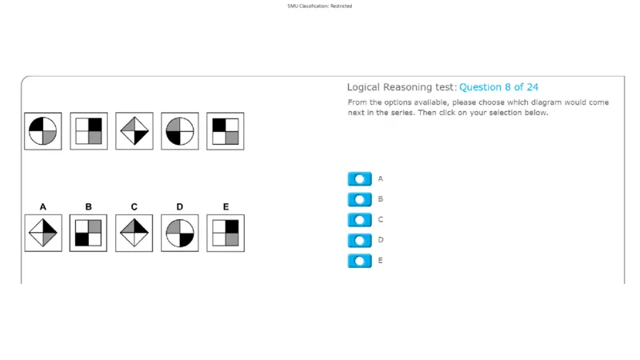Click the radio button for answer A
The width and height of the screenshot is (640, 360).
359,178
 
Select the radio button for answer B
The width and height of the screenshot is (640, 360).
359,199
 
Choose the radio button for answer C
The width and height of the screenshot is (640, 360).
359,219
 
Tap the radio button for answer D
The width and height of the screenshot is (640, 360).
359,240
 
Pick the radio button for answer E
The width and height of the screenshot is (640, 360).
359,261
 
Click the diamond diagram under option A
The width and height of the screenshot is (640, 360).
43,233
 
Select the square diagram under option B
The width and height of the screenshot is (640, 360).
89,233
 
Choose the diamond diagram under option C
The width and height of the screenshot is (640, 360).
134,233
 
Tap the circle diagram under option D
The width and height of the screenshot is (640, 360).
179,233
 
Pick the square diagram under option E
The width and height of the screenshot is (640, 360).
226,233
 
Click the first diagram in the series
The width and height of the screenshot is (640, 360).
43,131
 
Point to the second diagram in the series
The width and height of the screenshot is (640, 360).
89,131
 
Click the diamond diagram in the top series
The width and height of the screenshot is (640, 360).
134,131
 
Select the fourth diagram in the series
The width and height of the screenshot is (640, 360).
179,131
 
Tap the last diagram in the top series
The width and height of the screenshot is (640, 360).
226,131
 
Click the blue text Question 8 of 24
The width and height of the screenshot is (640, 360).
498,87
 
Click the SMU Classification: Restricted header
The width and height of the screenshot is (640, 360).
319,6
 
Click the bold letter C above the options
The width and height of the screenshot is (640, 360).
134,207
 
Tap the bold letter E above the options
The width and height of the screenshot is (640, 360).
226,207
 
